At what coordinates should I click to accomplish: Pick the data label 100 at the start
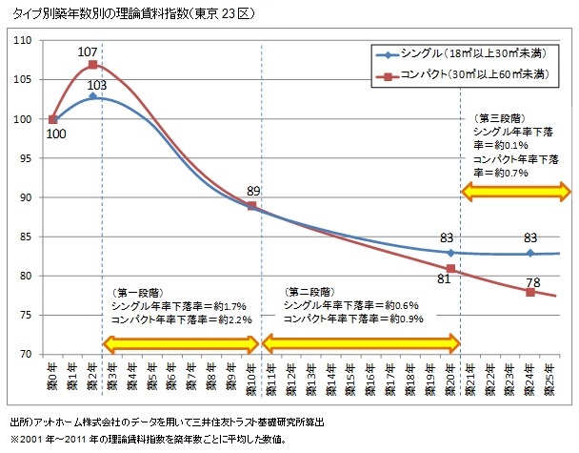(54, 135)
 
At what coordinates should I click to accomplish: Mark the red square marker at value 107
(92, 65)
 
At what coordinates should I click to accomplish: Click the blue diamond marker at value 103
(92, 96)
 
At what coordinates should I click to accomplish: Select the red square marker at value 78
(530, 292)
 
